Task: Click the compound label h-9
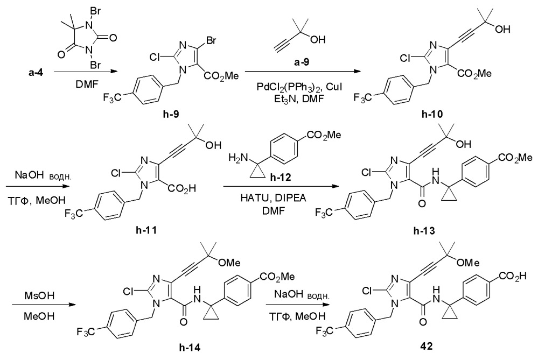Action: tap(171, 115)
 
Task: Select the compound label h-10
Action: tap(432, 115)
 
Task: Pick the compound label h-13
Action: tap(424, 231)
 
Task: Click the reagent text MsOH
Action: tap(39, 295)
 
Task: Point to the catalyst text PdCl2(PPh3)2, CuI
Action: tap(299, 87)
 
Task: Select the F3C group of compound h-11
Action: tap(74, 214)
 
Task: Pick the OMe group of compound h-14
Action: tap(229, 263)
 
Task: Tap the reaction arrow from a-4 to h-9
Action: tap(83, 72)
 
